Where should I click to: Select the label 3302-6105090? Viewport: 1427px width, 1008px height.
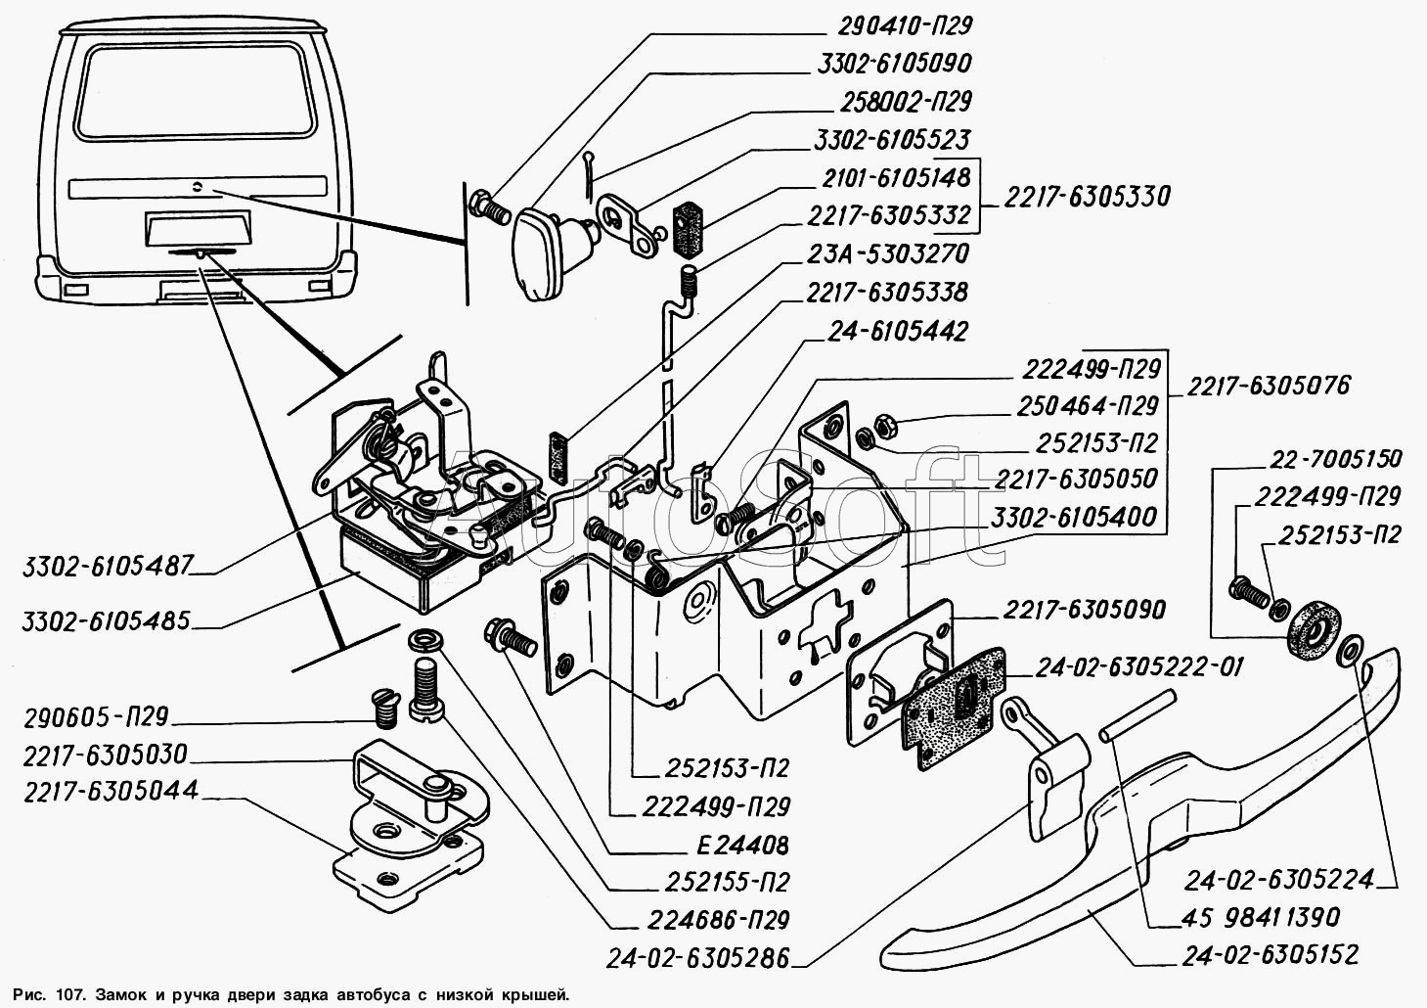891,65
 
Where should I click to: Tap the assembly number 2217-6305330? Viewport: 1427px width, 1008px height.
1086,197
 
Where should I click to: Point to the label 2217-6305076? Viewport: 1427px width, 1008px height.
1269,386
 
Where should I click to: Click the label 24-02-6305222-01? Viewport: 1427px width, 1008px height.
1134,667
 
